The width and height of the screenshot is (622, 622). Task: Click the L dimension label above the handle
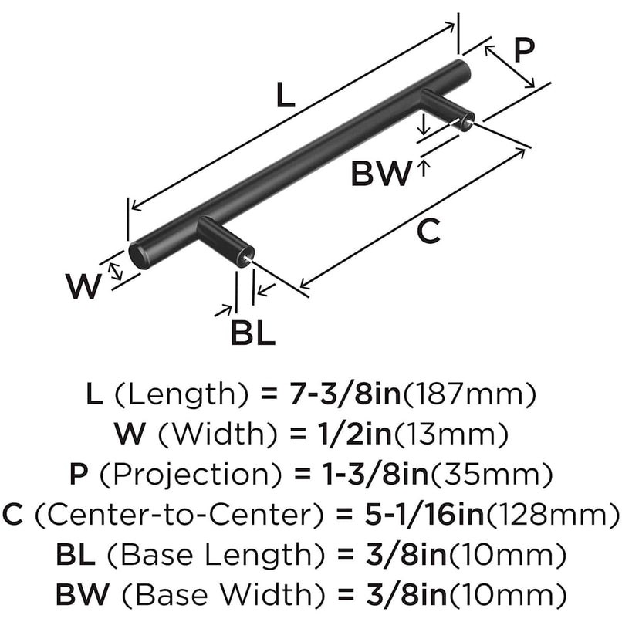tap(285, 95)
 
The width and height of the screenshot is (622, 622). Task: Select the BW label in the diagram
tap(381, 174)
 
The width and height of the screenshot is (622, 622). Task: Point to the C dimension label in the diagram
tap(429, 229)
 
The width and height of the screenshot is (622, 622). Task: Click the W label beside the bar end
tap(83, 287)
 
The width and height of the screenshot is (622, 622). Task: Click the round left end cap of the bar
tap(139, 254)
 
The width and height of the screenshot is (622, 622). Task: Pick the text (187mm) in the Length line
tap(470, 395)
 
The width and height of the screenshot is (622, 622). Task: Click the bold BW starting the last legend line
tap(78, 593)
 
